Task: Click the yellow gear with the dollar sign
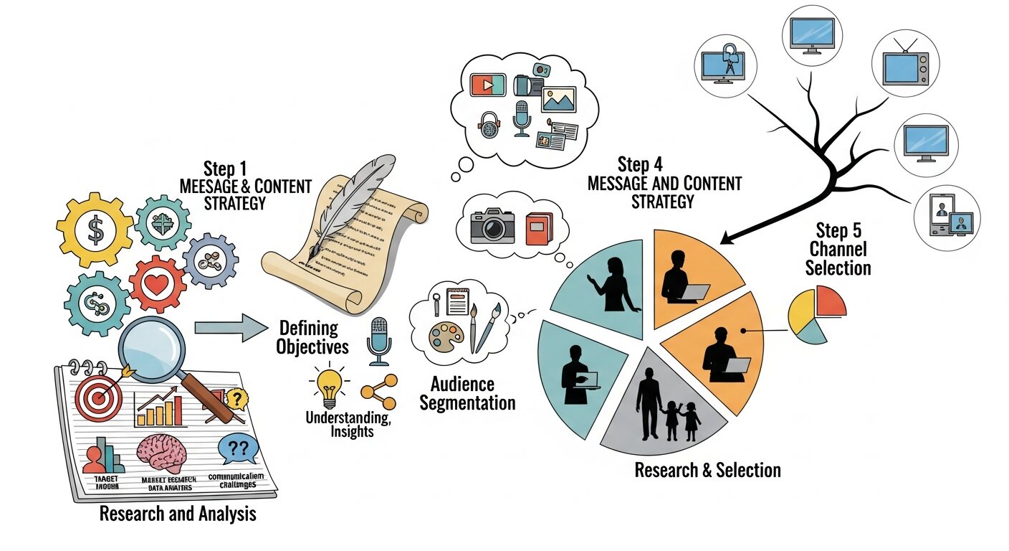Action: [95, 230]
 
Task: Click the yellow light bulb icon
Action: [330, 383]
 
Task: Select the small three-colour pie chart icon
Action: [816, 314]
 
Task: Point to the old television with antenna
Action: [905, 67]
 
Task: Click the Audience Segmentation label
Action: [467, 393]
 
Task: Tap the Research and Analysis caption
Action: [177, 514]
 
